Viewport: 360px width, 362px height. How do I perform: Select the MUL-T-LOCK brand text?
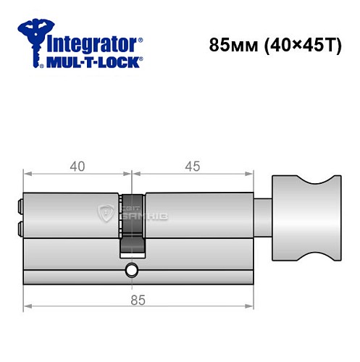94,63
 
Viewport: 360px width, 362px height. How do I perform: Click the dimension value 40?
77,166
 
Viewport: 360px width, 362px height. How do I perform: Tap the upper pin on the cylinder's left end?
18,207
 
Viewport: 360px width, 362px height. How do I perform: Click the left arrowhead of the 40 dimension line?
26,174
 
